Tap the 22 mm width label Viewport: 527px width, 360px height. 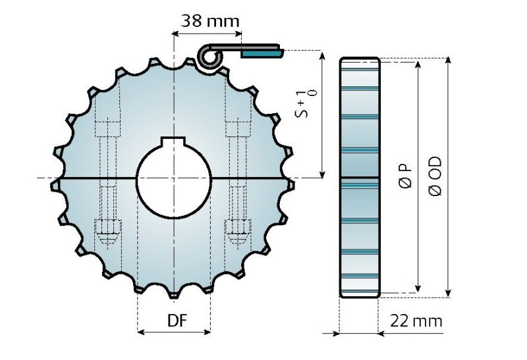pos(416,321)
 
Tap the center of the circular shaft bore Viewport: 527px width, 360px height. pos(173,178)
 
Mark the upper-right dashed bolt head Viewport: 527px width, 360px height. pos(236,126)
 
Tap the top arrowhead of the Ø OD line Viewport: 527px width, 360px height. pos(448,61)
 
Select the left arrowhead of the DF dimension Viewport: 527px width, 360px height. pos(141,332)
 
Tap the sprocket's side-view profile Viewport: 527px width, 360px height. pos(359,178)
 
